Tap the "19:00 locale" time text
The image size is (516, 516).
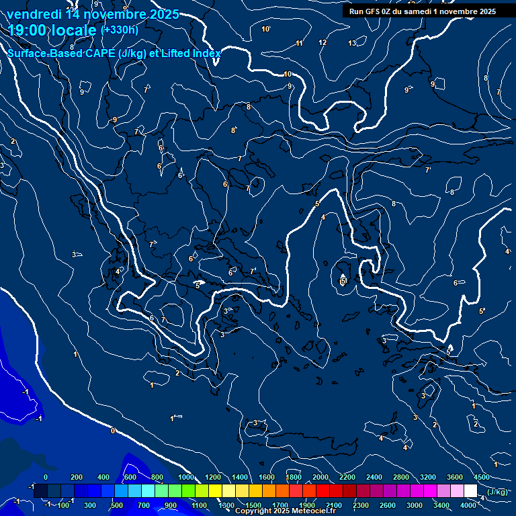pyautogui.click(x=52, y=30)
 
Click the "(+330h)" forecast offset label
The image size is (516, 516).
pyautogui.click(x=120, y=30)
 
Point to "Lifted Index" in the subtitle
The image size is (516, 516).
pyautogui.click(x=191, y=54)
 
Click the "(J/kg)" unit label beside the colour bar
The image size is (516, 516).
pyautogui.click(x=497, y=492)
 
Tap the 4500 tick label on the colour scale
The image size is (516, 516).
pyautogui.click(x=482, y=477)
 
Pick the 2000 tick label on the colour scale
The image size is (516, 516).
pyautogui.click(x=320, y=477)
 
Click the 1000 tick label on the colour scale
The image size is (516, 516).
pyautogui.click(x=185, y=477)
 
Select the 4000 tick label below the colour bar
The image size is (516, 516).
pyautogui.click(x=468, y=505)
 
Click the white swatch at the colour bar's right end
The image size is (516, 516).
pyautogui.click(x=470, y=491)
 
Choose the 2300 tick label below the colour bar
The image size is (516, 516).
pyautogui.click(x=361, y=505)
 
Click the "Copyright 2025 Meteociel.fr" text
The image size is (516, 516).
pyautogui.click(x=284, y=511)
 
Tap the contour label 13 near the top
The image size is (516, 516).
pyautogui.click(x=352, y=43)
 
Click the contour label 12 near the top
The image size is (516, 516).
pyautogui.click(x=322, y=43)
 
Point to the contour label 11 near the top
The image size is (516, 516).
pyautogui.click(x=299, y=44)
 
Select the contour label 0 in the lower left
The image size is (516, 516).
pyautogui.click(x=112, y=431)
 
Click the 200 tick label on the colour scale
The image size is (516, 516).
pyautogui.click(x=77, y=477)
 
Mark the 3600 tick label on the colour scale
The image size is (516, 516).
pyautogui.click(x=455, y=477)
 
